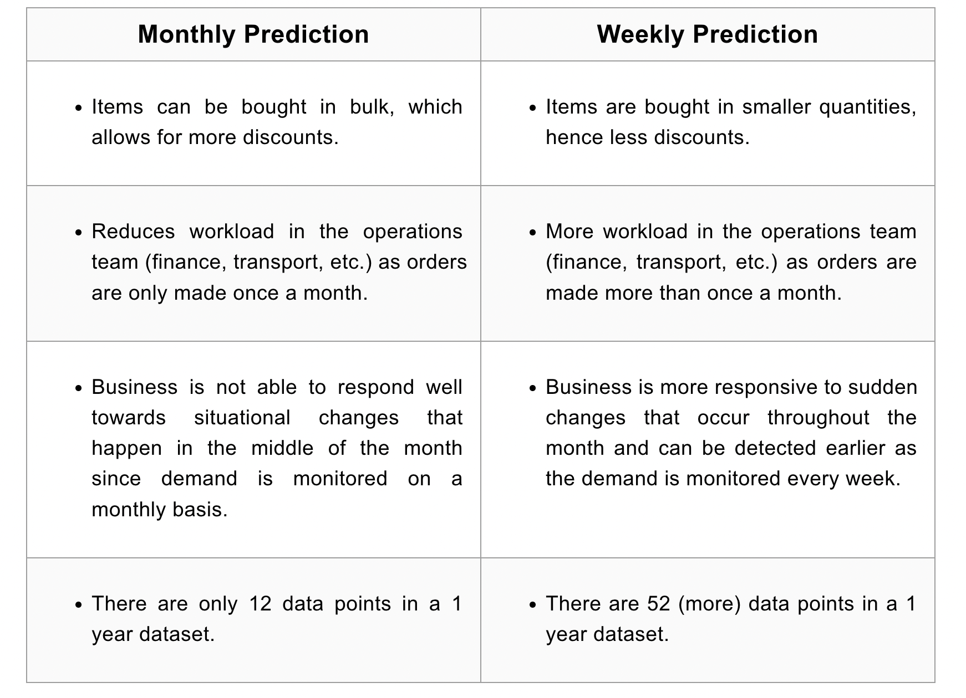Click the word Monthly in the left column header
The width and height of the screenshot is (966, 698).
[187, 35]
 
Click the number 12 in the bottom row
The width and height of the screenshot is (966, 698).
[260, 604]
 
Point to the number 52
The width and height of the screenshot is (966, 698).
[659, 604]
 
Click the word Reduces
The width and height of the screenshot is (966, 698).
[133, 232]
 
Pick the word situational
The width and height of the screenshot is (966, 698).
[242, 418]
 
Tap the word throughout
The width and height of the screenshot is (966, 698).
[818, 418]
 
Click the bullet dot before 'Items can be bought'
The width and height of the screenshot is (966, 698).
[78, 108]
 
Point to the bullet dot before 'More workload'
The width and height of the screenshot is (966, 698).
[533, 233]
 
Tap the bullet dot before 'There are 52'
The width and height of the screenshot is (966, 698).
[533, 605]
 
